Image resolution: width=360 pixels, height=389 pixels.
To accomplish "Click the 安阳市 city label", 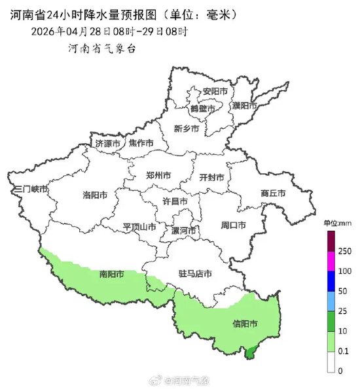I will click(x=215, y=91).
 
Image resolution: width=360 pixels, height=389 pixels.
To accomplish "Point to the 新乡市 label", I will click(x=187, y=128).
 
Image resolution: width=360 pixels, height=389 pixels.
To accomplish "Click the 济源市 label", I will click(x=108, y=143).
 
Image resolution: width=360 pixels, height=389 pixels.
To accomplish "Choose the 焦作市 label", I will click(x=141, y=143).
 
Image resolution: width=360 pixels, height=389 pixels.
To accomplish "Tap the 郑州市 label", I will click(x=158, y=176).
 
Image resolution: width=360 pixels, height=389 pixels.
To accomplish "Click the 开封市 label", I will click(x=211, y=177).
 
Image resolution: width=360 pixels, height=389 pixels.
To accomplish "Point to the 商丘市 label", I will click(x=273, y=194).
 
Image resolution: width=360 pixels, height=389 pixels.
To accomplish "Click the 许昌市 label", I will click(x=175, y=201).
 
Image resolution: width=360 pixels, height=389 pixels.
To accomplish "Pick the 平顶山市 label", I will click(x=139, y=227).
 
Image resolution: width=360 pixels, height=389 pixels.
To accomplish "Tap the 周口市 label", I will click(x=233, y=226).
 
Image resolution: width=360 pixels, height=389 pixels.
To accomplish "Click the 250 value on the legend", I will click(x=344, y=251).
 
